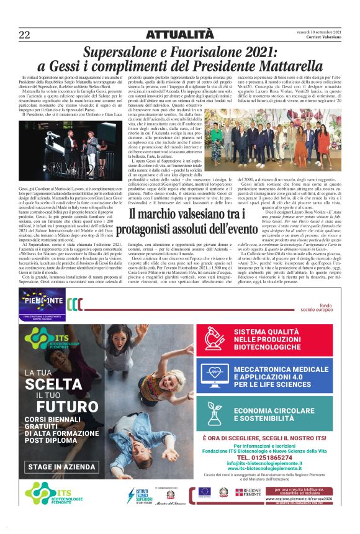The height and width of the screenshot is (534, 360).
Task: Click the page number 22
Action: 24,34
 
